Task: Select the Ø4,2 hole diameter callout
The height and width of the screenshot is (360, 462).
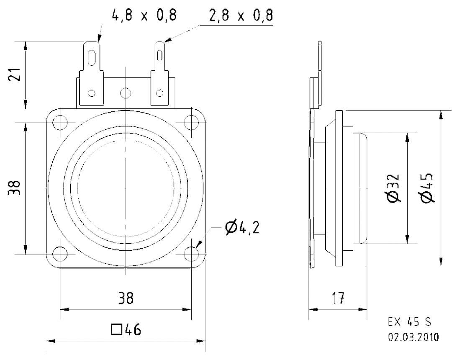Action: click(242, 228)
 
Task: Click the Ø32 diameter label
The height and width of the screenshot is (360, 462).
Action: click(393, 188)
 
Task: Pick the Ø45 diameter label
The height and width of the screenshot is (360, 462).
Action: click(428, 188)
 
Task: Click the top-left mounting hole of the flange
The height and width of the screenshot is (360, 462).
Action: click(60, 123)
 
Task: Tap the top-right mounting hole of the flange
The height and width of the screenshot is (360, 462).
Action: click(192, 123)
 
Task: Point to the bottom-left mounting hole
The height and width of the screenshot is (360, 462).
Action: click(60, 254)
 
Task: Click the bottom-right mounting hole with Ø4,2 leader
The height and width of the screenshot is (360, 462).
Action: click(192, 254)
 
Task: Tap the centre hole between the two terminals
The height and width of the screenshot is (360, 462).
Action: click(125, 93)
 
